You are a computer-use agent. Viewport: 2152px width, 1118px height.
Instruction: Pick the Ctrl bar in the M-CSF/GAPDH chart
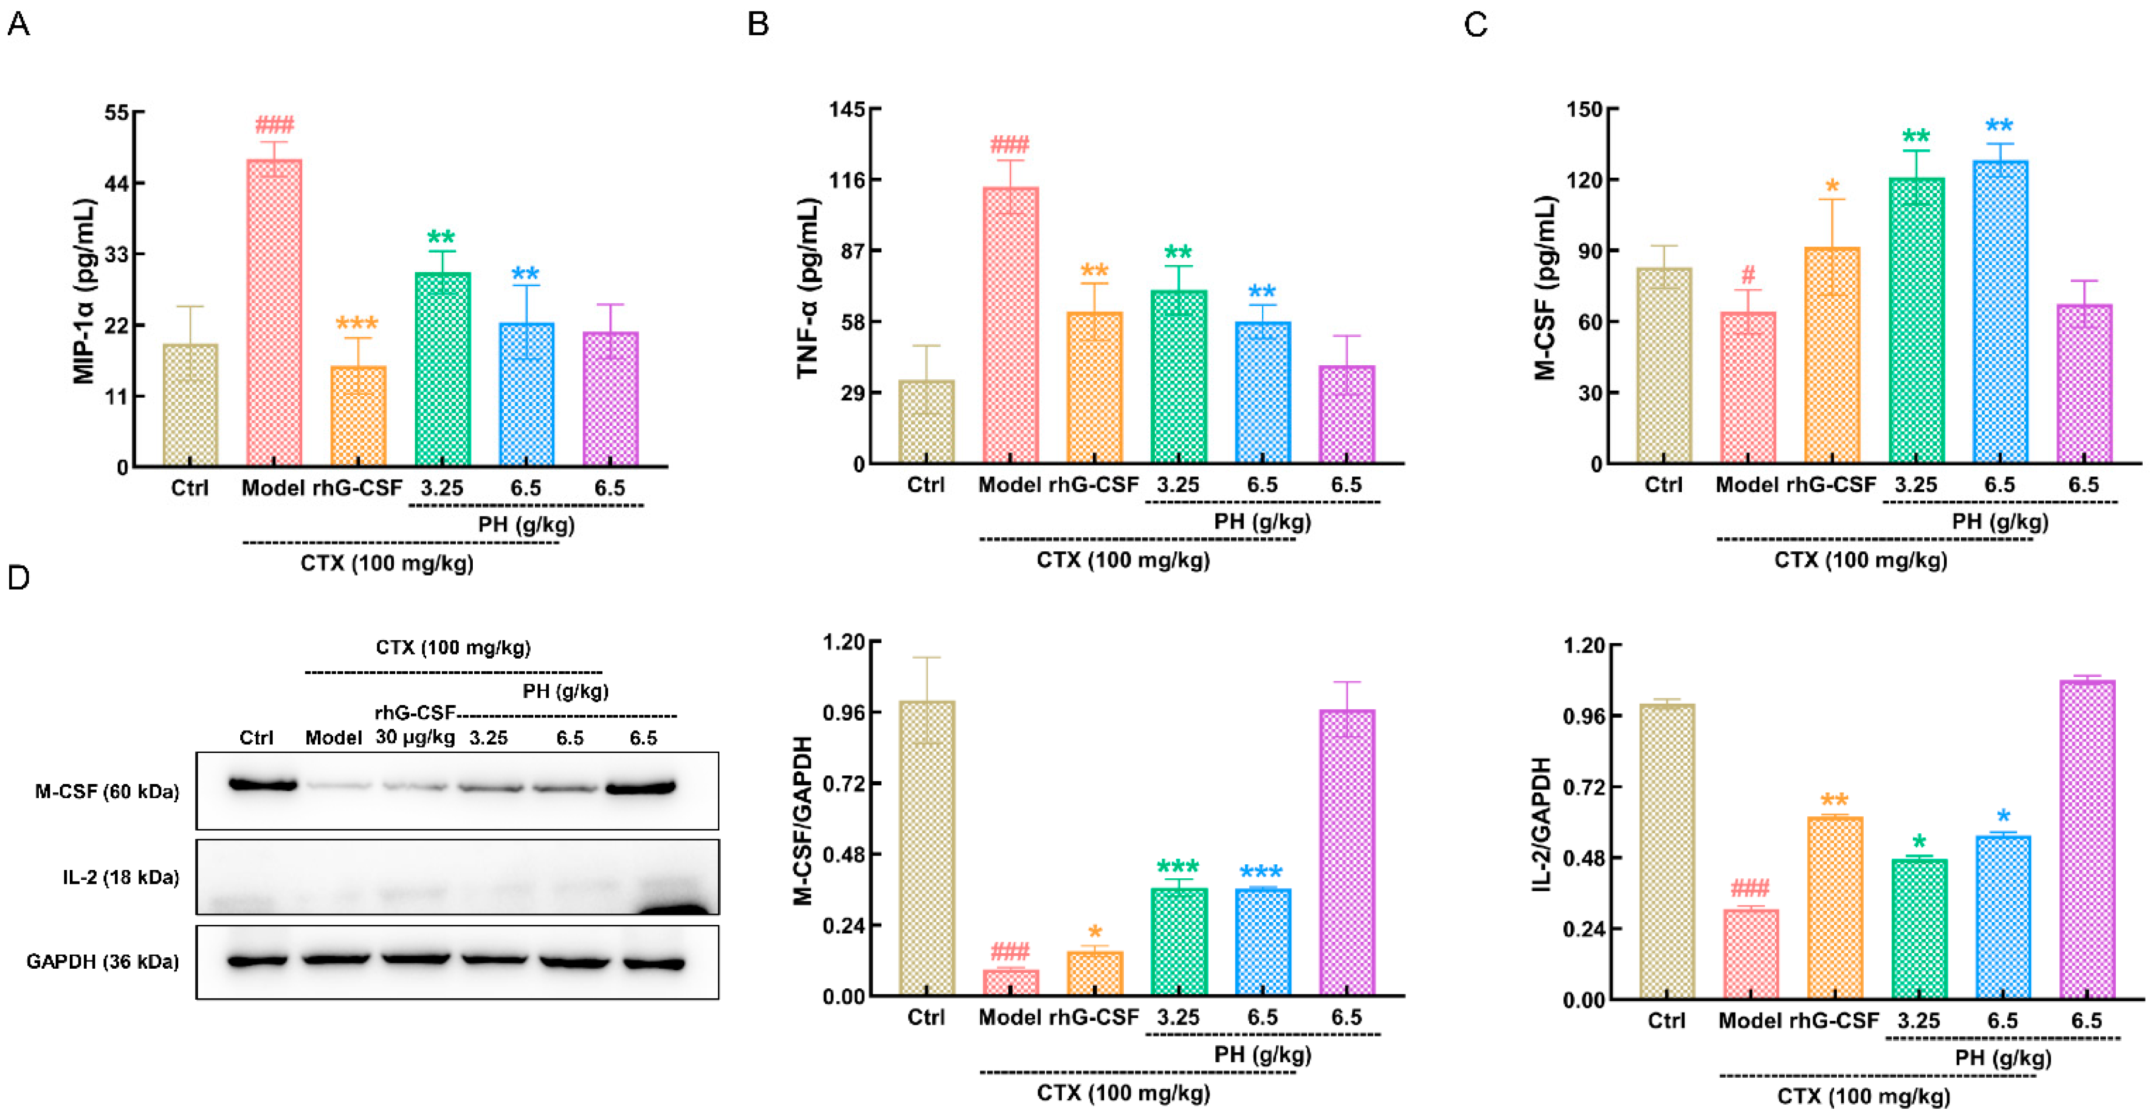coord(926,848)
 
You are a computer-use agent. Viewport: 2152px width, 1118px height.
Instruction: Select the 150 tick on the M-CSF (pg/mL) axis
coord(1585,110)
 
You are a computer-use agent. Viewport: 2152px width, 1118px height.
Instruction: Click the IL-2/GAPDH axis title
coord(1541,824)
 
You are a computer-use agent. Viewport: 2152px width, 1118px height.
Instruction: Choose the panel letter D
coord(19,578)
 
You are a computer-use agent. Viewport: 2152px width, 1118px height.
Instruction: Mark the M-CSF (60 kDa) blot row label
coord(107,791)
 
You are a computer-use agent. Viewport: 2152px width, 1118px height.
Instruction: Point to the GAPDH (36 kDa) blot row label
coord(103,962)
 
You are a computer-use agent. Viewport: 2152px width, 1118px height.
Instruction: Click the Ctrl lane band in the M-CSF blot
coord(262,785)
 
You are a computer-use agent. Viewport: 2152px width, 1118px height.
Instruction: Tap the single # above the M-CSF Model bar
coord(1747,275)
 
